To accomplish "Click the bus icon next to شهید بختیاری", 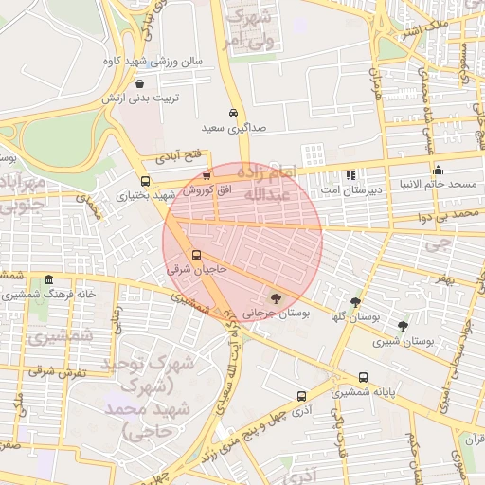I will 145,181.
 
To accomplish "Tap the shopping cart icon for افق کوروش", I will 207,175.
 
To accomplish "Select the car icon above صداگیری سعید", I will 233,112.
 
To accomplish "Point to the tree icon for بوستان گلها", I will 355,303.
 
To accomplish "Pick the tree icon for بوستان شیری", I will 403,326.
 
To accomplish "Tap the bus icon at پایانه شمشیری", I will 364,377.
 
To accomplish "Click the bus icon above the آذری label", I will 301,396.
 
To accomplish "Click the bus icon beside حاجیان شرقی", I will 197,255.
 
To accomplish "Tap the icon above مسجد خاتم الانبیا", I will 437,171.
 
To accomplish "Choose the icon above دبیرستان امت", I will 350,174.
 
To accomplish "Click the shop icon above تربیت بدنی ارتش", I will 140,83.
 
